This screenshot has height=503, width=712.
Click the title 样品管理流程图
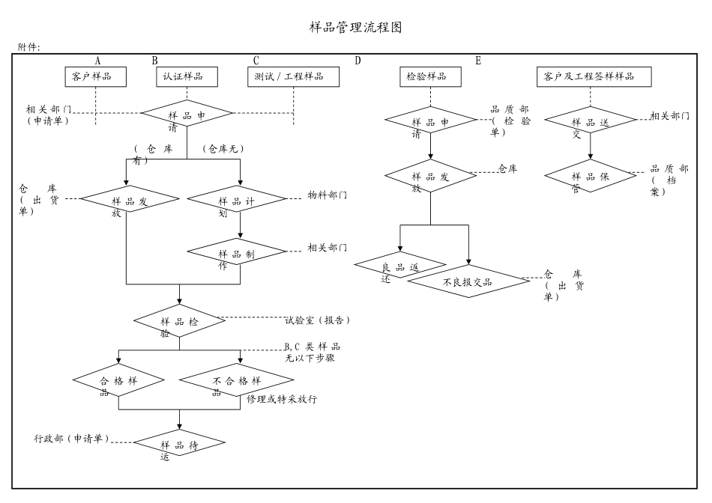356,28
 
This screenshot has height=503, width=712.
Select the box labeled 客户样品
95,76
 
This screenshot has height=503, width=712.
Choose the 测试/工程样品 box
293,76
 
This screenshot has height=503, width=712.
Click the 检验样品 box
430,76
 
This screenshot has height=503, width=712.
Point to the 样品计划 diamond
237,201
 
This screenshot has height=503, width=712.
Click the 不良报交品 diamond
468,282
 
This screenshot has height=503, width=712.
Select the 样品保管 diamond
591,177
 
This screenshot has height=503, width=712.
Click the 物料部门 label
328,195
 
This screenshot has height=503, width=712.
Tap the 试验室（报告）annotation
318,320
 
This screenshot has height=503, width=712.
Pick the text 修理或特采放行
283,400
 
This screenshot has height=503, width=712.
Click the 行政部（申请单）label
72,437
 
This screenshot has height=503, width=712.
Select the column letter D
357,61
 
